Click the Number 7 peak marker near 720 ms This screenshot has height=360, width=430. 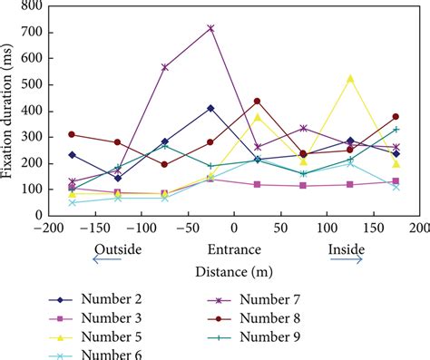pyautogui.click(x=210, y=28)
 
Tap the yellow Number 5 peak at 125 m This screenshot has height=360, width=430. pyautogui.click(x=350, y=79)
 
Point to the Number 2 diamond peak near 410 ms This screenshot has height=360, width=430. pyautogui.click(x=210, y=108)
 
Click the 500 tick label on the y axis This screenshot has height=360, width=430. pyautogui.click(x=27, y=85)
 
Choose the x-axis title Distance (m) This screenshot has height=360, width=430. pyautogui.click(x=230, y=270)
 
